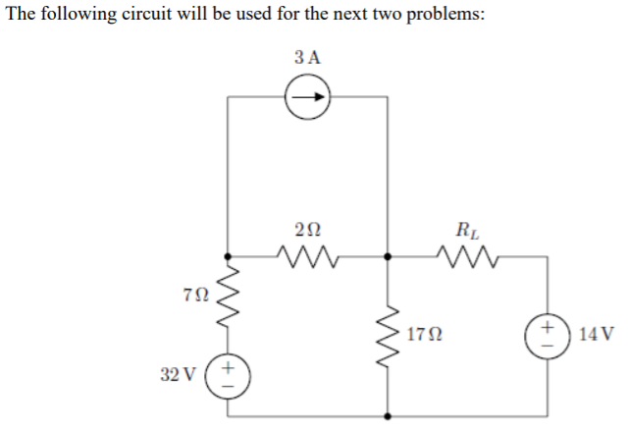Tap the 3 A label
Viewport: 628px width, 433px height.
coord(308,56)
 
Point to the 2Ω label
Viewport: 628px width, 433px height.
coord(306,230)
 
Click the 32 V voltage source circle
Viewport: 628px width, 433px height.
coord(228,375)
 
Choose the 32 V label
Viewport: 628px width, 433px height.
coord(178,374)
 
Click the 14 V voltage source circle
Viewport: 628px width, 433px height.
coord(546,335)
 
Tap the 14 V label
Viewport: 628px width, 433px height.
coord(597,334)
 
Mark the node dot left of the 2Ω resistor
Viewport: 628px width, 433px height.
coord(228,258)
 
